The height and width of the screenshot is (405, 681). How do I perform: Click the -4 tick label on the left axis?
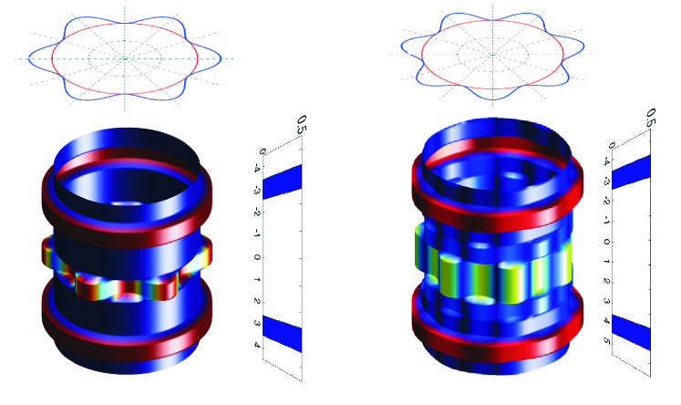coord(258,168)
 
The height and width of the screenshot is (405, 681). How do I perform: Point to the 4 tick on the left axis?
coord(257,345)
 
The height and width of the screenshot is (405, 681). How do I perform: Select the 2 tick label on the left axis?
coord(257,301)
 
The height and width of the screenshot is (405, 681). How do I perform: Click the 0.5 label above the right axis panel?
coord(651,118)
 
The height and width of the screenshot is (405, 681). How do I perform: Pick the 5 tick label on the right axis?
coord(607,341)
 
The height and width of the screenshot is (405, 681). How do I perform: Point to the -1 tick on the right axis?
coord(607,222)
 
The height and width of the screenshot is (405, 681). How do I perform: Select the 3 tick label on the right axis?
coord(607,301)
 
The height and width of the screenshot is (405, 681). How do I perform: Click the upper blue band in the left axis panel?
coord(283,182)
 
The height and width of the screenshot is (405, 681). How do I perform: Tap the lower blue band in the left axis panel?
coord(283,334)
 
